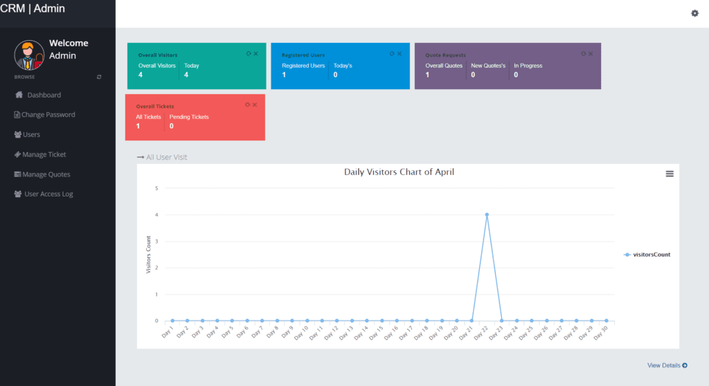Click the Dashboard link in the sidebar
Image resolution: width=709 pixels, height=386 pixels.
(x=44, y=95)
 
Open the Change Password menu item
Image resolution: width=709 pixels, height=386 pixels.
(x=48, y=115)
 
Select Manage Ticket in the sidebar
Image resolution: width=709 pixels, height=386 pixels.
(x=44, y=155)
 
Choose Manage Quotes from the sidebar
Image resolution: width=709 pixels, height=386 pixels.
(x=46, y=174)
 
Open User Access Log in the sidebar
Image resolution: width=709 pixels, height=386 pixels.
(x=48, y=194)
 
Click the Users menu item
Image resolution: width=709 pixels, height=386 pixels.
(x=31, y=135)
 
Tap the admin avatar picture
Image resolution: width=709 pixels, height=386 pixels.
(x=29, y=55)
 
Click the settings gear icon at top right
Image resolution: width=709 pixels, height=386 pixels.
(x=694, y=13)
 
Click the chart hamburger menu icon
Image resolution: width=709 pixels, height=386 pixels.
(x=670, y=174)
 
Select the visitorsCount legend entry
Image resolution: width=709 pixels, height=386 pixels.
(x=649, y=255)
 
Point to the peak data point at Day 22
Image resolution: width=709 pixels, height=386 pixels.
(x=487, y=214)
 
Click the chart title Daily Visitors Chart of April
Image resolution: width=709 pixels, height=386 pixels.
(x=399, y=172)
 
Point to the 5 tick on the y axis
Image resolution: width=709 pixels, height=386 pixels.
(x=157, y=188)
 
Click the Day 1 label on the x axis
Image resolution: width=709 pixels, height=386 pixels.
(x=168, y=333)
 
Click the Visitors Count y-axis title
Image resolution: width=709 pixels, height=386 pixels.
(x=148, y=255)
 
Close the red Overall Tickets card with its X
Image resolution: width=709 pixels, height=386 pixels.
(x=255, y=104)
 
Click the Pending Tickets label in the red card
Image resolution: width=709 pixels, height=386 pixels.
(x=189, y=117)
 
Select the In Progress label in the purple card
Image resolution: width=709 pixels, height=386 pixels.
(x=528, y=66)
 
